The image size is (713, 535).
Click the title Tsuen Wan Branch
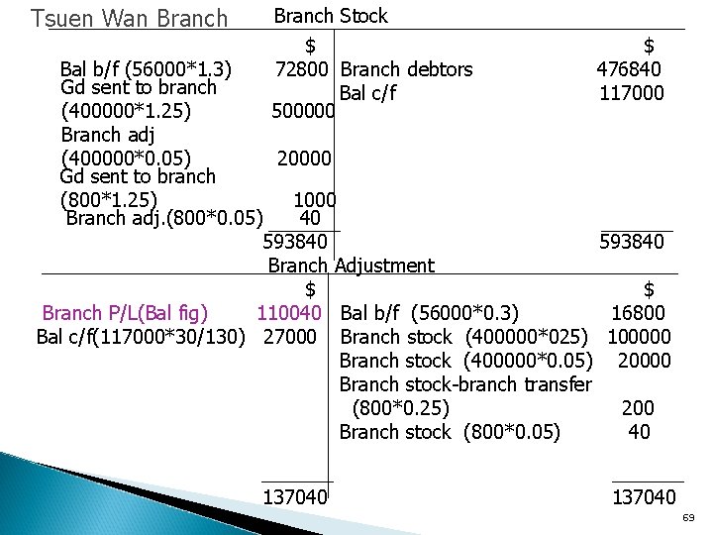pyautogui.click(x=129, y=19)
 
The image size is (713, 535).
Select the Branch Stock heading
pyautogui.click(x=331, y=16)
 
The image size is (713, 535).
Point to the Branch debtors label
pyautogui.click(x=406, y=69)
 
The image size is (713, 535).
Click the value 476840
pyautogui.click(x=629, y=69)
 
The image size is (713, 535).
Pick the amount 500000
pyautogui.click(x=304, y=112)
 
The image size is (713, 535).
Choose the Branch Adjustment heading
pyautogui.click(x=351, y=266)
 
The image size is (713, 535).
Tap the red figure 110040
pyautogui.click(x=288, y=314)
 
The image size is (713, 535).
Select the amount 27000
pyautogui.click(x=290, y=337)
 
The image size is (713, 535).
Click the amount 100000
pyautogui.click(x=639, y=337)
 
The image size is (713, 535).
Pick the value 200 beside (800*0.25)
pyautogui.click(x=637, y=408)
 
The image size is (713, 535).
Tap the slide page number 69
pyautogui.click(x=689, y=518)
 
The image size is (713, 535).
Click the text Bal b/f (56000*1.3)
pyautogui.click(x=147, y=69)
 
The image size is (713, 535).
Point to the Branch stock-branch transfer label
pyautogui.click(x=465, y=384)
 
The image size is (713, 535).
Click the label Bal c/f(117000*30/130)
pyautogui.click(x=141, y=337)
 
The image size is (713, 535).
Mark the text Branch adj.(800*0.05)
pyautogui.click(x=163, y=218)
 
